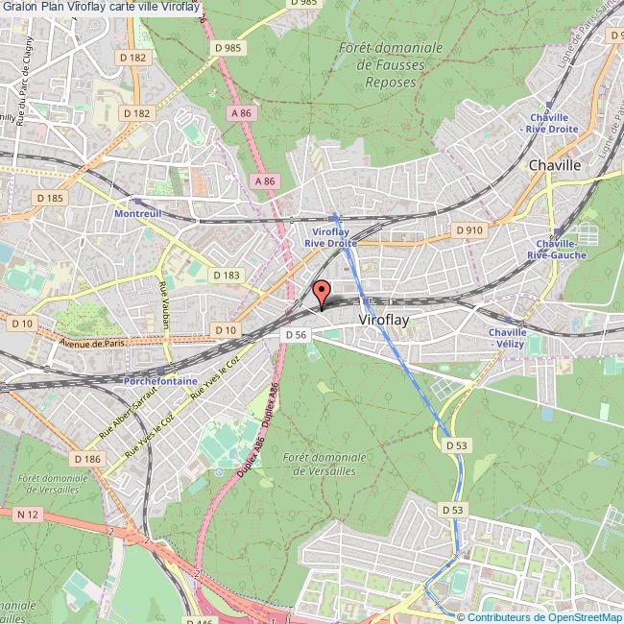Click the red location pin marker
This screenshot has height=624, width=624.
(x=322, y=292)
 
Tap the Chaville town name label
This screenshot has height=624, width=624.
(x=555, y=165)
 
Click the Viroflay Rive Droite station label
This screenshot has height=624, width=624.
(x=331, y=237)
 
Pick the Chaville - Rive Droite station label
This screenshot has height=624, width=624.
(x=546, y=123)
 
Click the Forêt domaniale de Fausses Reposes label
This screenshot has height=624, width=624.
(x=391, y=64)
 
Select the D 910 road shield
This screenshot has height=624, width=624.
(x=468, y=230)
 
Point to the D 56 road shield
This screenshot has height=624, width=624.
(x=296, y=334)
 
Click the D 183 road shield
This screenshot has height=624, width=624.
(x=228, y=275)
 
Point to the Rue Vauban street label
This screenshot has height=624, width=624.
(x=163, y=305)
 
